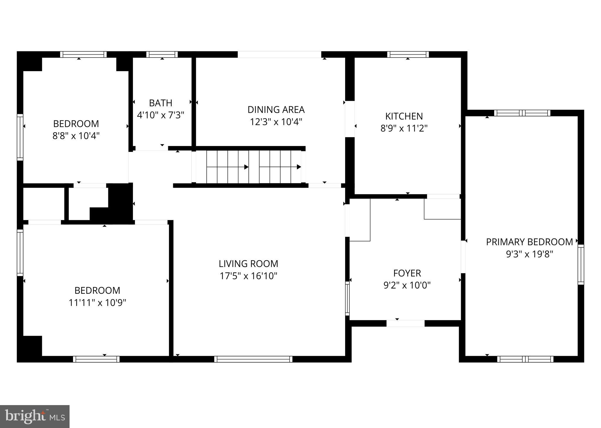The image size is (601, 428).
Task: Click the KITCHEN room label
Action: click(x=404, y=116)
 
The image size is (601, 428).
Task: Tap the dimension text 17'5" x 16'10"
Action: click(x=248, y=276)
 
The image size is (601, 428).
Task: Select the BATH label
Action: click(x=161, y=103)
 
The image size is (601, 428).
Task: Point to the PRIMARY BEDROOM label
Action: click(x=529, y=242)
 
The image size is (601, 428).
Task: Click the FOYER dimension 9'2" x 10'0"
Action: click(x=407, y=285)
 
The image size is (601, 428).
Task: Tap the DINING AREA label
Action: click(x=276, y=110)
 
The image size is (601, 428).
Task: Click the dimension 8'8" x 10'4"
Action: click(x=76, y=136)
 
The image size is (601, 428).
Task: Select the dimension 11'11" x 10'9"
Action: click(x=97, y=303)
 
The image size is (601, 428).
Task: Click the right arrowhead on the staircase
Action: click(x=299, y=167)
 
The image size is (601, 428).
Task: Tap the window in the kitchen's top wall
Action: click(x=408, y=54)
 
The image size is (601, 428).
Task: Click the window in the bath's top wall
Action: click(x=162, y=54)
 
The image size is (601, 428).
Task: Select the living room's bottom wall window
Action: click(x=253, y=359)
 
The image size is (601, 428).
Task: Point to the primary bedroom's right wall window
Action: click(x=581, y=264)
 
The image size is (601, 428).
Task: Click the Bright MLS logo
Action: click(x=35, y=417)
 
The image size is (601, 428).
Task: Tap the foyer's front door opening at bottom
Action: click(x=405, y=323)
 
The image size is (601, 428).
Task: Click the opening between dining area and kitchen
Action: click(x=350, y=119)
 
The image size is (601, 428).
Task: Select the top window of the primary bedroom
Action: click(x=522, y=113)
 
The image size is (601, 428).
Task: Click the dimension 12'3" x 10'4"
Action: click(x=276, y=122)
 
